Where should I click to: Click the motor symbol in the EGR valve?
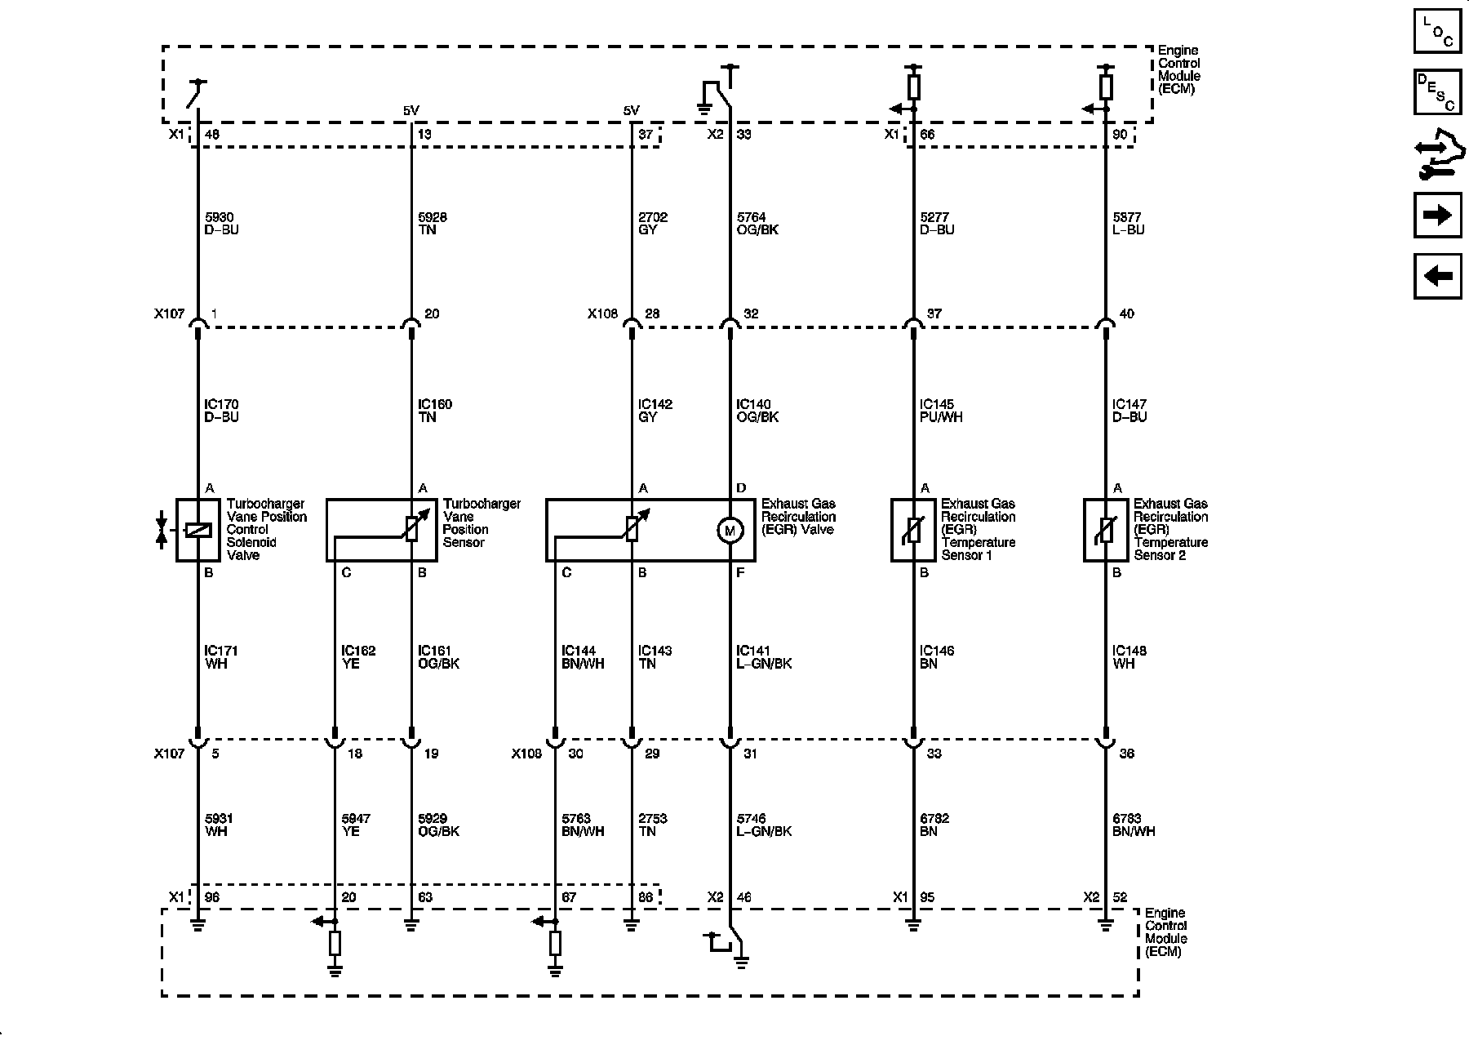pos(729,531)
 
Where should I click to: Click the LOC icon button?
pos(1437,32)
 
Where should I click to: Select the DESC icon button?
pos(1437,92)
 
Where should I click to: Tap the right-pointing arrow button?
pos(1437,215)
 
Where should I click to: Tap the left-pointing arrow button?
pos(1437,276)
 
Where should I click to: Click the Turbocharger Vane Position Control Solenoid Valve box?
pos(197,531)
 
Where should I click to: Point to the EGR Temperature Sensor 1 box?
pos(912,531)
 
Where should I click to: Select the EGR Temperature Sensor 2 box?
pos(1105,531)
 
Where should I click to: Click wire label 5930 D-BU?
pos(221,224)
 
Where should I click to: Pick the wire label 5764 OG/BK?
pos(757,224)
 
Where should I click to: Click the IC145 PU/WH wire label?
pos(941,411)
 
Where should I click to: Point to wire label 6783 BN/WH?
pos(1134,825)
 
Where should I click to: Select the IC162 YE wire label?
pos(358,657)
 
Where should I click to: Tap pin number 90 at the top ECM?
pos(1120,135)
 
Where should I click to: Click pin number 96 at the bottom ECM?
pos(211,897)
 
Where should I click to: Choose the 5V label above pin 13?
pos(411,111)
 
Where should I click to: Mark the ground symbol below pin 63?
pos(411,926)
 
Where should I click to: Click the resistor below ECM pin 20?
pos(335,944)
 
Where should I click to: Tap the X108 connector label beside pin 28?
pos(602,313)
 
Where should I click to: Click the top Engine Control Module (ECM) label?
pos(1178,69)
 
